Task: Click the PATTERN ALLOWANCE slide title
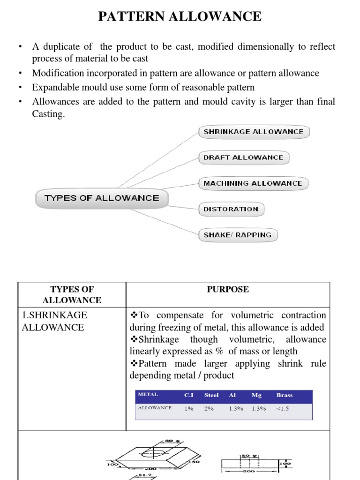180,16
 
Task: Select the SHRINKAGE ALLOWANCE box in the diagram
254,132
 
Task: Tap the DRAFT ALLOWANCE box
243,157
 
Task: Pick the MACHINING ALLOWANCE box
253,183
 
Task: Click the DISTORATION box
231,209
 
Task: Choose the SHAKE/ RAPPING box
238,235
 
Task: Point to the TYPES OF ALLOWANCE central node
102,198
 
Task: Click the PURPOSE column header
228,290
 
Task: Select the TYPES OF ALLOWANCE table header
72,294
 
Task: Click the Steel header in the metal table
211,395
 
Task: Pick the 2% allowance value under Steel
209,408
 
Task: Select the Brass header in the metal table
284,395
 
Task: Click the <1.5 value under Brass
283,408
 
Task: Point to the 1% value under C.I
189,408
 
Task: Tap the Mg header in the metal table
256,395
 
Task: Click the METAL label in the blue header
148,395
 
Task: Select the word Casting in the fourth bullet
48,114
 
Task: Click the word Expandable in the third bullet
54,87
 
